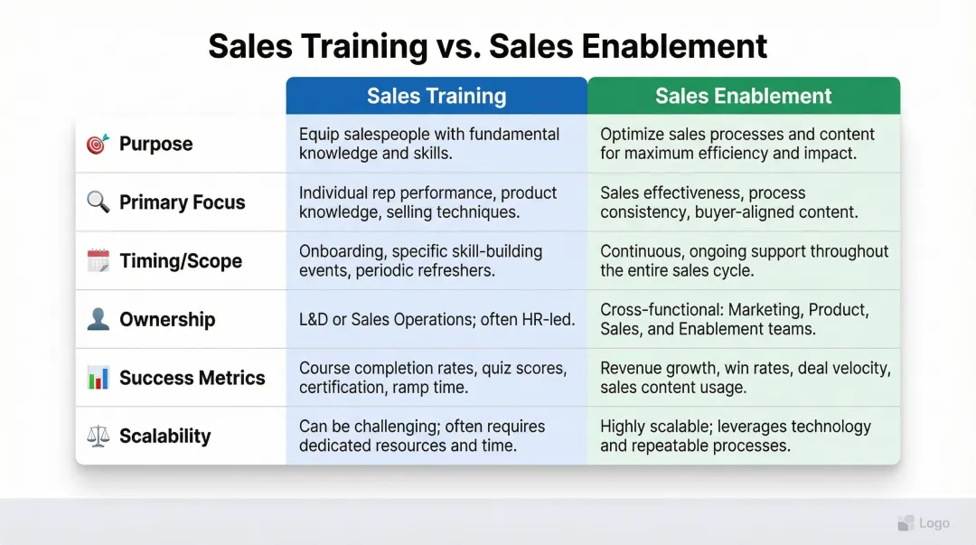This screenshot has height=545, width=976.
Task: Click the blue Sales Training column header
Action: [436, 96]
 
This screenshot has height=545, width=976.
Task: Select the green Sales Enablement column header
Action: [744, 96]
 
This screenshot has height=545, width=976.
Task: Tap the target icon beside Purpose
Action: [97, 144]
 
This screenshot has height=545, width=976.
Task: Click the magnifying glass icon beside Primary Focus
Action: [98, 202]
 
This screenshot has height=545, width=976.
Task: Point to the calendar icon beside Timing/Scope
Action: [98, 261]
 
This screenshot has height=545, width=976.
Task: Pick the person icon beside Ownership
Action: [98, 319]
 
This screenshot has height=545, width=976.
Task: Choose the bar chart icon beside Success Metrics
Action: [98, 378]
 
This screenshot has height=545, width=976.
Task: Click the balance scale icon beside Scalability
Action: [98, 436]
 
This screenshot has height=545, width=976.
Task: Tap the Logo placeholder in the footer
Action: [924, 523]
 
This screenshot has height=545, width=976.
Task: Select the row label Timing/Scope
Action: [181, 261]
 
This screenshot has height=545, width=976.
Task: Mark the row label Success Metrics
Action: [192, 378]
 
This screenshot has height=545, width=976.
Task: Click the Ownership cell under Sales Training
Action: [436, 319]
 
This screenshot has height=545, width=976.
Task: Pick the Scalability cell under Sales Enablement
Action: [743, 436]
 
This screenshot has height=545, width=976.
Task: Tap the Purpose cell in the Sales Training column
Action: [436, 144]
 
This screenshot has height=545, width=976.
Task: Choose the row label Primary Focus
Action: [182, 202]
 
